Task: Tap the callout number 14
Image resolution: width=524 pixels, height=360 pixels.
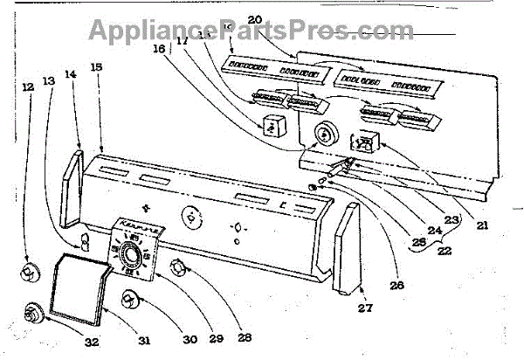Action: pyautogui.click(x=70, y=76)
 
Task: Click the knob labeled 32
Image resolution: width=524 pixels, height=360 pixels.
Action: pyautogui.click(x=34, y=311)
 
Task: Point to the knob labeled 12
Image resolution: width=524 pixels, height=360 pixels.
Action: pyautogui.click(x=28, y=273)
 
